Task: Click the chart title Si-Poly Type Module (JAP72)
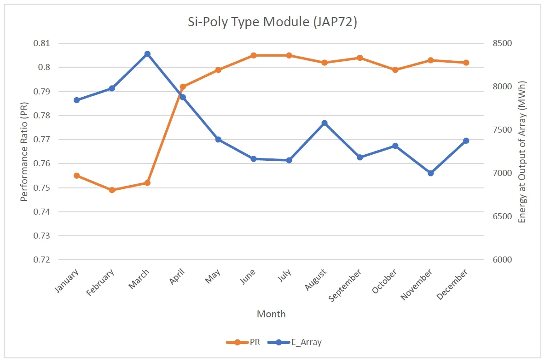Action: coord(272,23)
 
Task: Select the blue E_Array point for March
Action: coord(147,54)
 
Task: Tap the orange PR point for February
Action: coord(112,190)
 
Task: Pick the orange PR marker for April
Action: coord(183,87)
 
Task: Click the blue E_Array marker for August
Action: coord(325,123)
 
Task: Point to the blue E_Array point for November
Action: coord(431,173)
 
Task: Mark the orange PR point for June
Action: coord(254,55)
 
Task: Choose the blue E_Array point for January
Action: coord(77,100)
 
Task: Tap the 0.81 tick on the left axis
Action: coord(42,43)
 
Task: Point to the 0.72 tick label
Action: coord(42,260)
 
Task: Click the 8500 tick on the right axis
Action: coord(502,43)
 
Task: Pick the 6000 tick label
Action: coord(502,260)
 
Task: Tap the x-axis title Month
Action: coord(271,314)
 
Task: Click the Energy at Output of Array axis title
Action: coord(522,152)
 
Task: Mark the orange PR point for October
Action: coord(395,70)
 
